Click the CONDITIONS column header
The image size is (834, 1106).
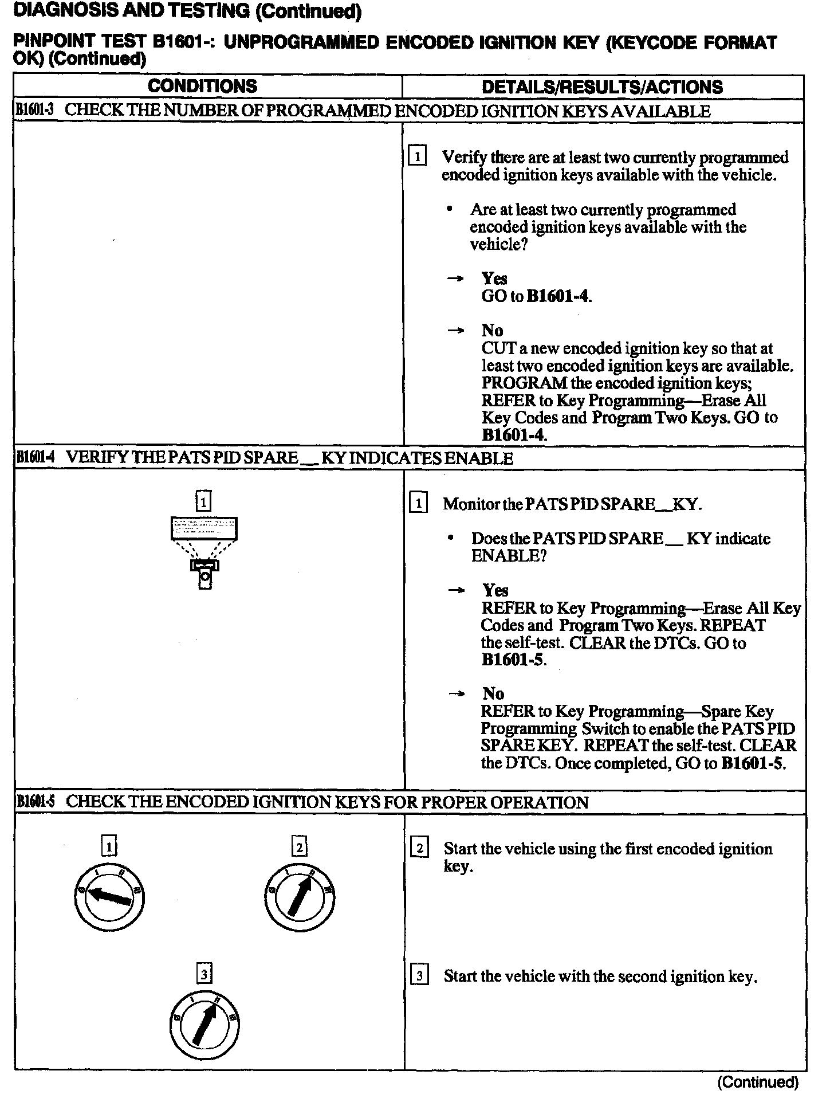pos(202,87)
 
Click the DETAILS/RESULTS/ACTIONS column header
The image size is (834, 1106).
pos(602,87)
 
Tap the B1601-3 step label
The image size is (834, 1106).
pos(34,111)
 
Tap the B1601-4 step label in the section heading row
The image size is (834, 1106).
pos(35,458)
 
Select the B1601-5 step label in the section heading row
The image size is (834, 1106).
pos(35,802)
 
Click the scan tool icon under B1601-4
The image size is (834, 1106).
pos(204,551)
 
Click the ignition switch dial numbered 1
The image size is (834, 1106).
pos(109,899)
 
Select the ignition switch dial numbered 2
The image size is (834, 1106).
pos(300,899)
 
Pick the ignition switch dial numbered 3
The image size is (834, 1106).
pos(204,1026)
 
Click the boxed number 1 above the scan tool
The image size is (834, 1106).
pos(203,502)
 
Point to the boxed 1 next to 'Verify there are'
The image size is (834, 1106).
pos(417,156)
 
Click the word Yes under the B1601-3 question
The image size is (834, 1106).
pos(494,279)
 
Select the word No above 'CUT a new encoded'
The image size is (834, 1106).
pos(492,331)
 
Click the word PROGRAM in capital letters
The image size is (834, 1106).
pos(524,383)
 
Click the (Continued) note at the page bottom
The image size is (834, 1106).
pos(757,1083)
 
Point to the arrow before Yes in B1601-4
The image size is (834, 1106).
pos(456,590)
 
